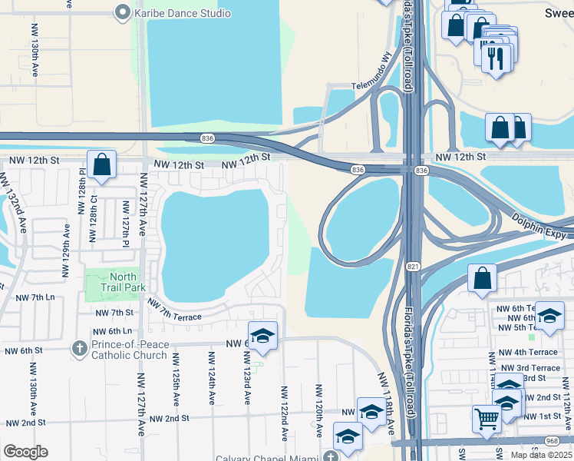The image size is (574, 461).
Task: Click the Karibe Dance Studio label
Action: (183, 13)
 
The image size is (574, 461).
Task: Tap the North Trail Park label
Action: (124, 282)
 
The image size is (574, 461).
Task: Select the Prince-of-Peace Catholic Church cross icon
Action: (79, 349)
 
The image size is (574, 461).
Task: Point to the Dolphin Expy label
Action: (539, 224)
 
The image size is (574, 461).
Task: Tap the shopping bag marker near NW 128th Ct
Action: (101, 164)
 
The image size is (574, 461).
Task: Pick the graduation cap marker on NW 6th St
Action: (262, 336)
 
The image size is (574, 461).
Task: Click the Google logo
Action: (25, 452)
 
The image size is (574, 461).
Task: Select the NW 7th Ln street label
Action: (35, 297)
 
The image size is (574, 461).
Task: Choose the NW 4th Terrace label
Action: (529, 352)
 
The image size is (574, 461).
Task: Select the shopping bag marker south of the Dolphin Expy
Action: (482, 278)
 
